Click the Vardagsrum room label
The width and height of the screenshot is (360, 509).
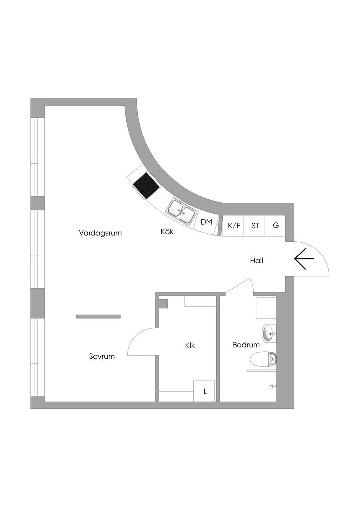click(100, 233)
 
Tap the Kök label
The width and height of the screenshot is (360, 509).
click(167, 232)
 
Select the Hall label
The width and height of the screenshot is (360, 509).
click(256, 260)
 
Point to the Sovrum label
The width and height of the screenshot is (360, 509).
click(102, 356)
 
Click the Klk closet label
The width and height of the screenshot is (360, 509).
click(190, 345)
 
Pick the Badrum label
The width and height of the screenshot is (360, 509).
click(246, 345)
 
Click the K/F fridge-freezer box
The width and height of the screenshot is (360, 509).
click(234, 226)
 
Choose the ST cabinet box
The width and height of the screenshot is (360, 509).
click(255, 226)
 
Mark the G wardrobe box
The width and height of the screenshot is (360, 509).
click(275, 226)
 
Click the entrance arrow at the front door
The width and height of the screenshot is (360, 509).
click(304, 259)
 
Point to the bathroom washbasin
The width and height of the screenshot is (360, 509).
click(269, 334)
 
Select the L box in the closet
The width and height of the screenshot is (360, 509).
click(205, 391)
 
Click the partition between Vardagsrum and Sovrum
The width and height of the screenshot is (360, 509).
click(98, 316)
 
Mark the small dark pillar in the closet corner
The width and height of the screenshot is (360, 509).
click(164, 303)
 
